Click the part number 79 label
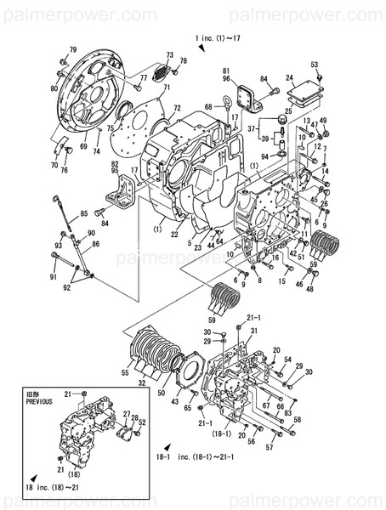coord(72,50)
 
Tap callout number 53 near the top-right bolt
coord(314,65)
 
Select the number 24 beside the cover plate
coord(289,77)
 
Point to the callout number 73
coord(170,56)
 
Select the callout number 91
coord(53,277)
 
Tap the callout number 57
coord(270,446)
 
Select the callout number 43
coord(175,401)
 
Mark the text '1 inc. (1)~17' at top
coord(219,39)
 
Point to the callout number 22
coord(174,235)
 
